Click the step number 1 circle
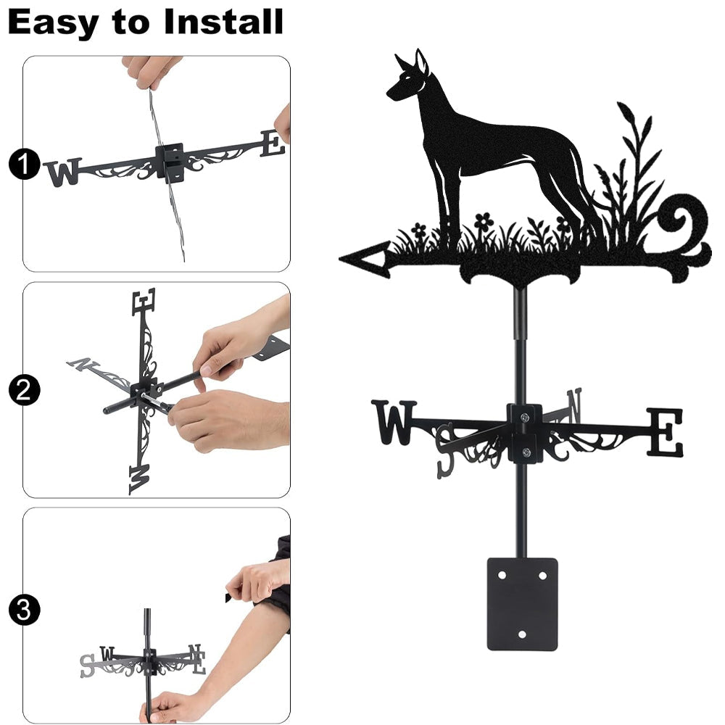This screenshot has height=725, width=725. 24,164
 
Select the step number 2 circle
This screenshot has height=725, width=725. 24,390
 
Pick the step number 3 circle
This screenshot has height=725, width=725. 24,610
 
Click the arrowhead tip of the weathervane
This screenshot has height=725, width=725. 340,259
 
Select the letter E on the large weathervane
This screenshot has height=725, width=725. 664,432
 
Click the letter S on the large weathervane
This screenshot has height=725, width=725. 447,451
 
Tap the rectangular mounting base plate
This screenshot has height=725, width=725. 522,604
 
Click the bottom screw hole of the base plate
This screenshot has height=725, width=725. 522,634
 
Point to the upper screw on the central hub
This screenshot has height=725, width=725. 524,418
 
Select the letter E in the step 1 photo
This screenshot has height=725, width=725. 273,144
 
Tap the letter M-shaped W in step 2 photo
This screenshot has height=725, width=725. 140,479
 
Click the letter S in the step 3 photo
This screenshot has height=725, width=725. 87,666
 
